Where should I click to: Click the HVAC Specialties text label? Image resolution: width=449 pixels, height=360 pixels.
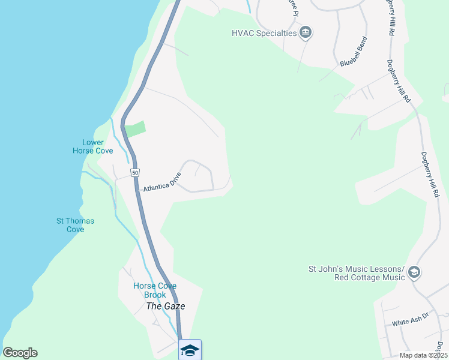point(265,33)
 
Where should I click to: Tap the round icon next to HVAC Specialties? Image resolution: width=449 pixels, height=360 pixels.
point(306,32)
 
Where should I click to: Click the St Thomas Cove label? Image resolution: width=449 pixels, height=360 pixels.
point(75,225)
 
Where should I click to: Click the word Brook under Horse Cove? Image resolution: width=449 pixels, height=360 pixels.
point(155,295)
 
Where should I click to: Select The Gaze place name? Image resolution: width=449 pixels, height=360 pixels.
point(166,306)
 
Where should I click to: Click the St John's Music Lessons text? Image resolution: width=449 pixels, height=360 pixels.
point(357,268)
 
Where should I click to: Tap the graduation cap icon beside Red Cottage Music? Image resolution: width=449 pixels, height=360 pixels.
point(414,273)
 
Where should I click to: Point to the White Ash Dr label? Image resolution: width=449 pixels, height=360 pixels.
point(411,322)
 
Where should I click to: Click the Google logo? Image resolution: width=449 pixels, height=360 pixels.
point(20,353)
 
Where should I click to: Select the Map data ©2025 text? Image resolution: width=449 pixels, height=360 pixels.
point(422,355)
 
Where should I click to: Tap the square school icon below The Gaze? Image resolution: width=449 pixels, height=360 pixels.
point(190,350)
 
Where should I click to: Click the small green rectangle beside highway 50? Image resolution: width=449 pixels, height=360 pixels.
point(135,129)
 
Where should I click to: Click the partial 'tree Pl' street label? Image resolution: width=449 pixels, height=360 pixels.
point(292,7)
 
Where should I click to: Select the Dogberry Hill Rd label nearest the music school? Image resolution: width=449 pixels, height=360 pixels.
point(430,174)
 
